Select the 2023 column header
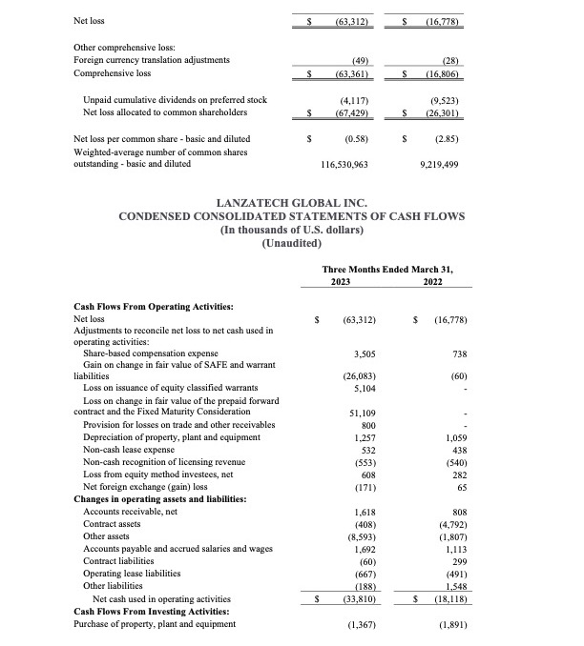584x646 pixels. tap(342, 282)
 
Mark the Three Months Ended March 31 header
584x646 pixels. tap(387, 270)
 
